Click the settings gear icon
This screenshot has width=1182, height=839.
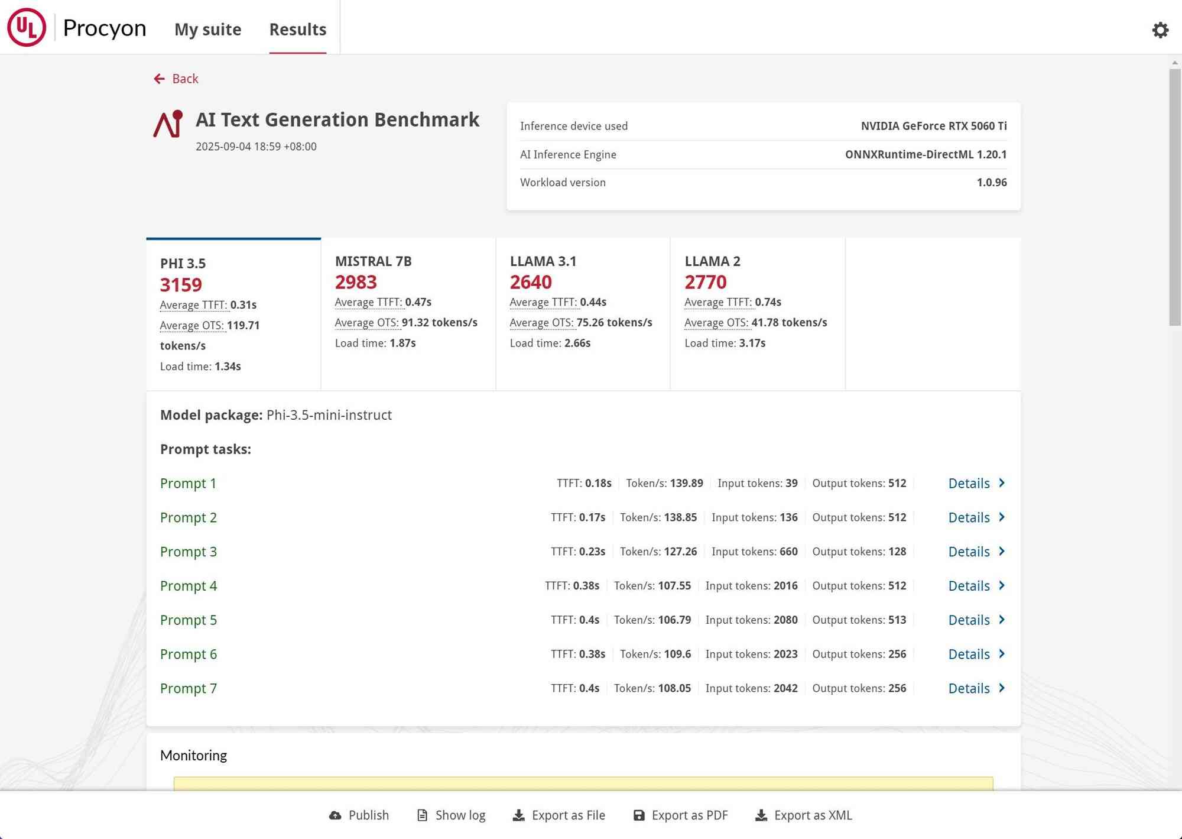(1160, 30)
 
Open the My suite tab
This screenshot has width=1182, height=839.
(207, 30)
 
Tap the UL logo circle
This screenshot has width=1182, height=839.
(27, 27)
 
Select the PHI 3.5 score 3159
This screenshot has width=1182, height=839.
(181, 285)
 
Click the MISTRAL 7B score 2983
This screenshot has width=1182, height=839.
(356, 282)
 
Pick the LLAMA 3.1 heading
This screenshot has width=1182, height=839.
(543, 261)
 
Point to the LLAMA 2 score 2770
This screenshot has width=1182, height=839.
(705, 282)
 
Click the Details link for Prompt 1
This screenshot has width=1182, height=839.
(976, 483)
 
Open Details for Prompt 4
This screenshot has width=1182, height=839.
(976, 586)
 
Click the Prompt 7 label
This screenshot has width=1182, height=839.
(188, 688)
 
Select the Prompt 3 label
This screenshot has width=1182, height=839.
(188, 552)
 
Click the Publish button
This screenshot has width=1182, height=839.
(359, 815)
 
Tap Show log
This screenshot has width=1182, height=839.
(451, 815)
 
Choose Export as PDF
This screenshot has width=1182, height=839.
(680, 815)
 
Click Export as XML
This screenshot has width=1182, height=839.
(804, 815)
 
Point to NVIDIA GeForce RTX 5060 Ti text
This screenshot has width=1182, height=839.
(933, 126)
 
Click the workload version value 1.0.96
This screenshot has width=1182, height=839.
(991, 182)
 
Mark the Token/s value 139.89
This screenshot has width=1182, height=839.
(686, 483)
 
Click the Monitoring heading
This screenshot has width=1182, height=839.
(193, 756)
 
